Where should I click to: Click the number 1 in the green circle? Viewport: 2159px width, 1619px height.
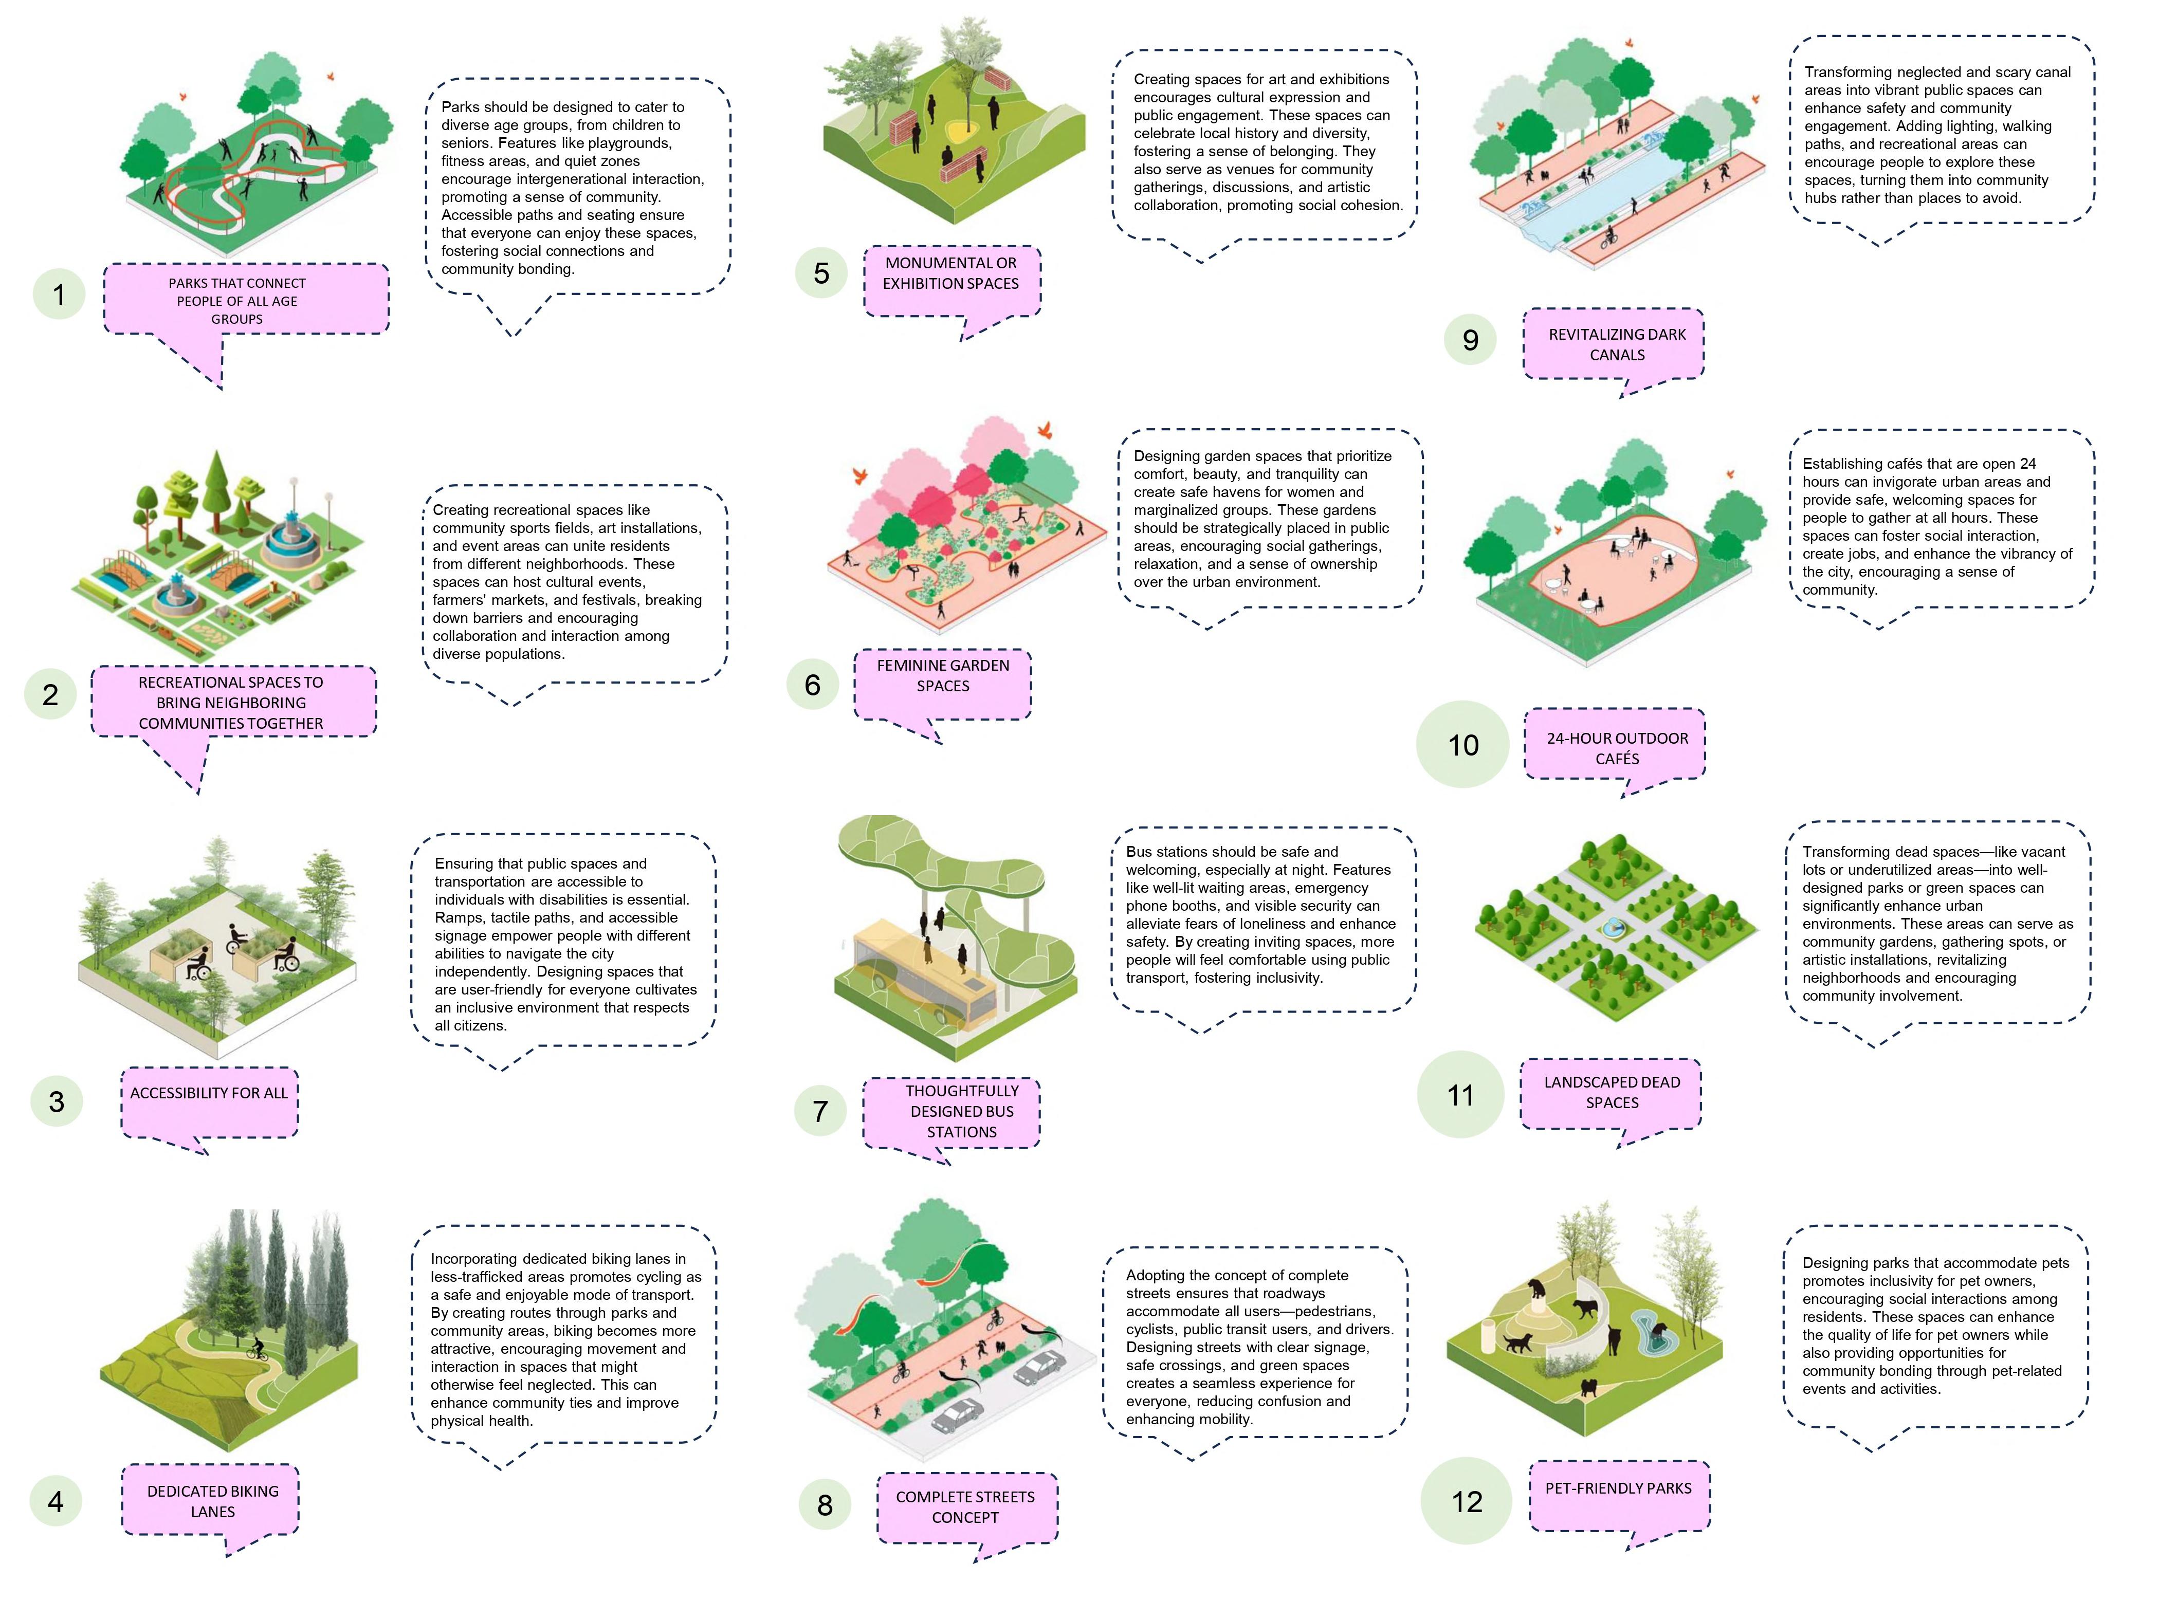(x=59, y=294)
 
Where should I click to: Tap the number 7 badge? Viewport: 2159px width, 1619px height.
(x=820, y=1111)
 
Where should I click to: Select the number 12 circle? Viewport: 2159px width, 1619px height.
(x=1466, y=1501)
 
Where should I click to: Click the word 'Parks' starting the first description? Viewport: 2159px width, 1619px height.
(x=460, y=107)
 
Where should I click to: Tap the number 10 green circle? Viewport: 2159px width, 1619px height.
(x=1462, y=745)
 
